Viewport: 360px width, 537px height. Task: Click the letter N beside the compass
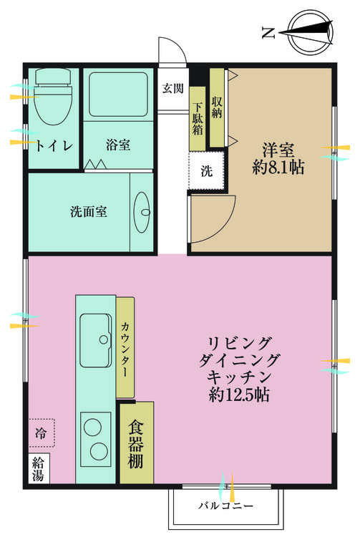[x=268, y=33]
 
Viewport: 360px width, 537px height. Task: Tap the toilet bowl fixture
[x=53, y=96]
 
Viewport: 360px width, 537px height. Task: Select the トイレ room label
[x=54, y=145]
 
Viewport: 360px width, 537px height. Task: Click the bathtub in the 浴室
[x=118, y=95]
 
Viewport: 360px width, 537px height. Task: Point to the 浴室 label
[x=118, y=145]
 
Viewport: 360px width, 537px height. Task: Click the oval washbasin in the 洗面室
[x=142, y=213]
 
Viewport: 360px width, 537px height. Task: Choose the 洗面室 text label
[x=89, y=212]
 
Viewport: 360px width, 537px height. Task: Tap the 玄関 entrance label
[x=172, y=89]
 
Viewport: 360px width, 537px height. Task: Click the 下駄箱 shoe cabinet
[x=198, y=118]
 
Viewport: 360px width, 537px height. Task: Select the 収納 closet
[x=217, y=107]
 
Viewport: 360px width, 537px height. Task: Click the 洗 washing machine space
[x=206, y=170]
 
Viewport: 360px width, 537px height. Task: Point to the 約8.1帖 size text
[x=278, y=168]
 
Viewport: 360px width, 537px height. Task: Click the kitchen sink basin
[x=95, y=340]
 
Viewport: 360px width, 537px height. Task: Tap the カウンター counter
[x=125, y=347]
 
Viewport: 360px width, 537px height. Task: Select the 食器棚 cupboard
[x=137, y=442]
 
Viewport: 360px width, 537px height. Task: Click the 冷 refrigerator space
[x=41, y=433]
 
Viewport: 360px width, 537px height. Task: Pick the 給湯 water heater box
[x=39, y=468]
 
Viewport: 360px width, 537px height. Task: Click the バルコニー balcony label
[x=226, y=505]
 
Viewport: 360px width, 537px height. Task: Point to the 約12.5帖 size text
[x=239, y=395]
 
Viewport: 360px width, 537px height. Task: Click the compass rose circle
[x=310, y=32]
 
